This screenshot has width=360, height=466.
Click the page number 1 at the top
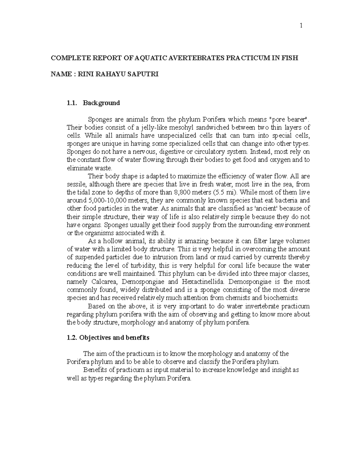(x=301, y=26)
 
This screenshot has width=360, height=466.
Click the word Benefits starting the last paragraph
(x=95, y=370)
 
